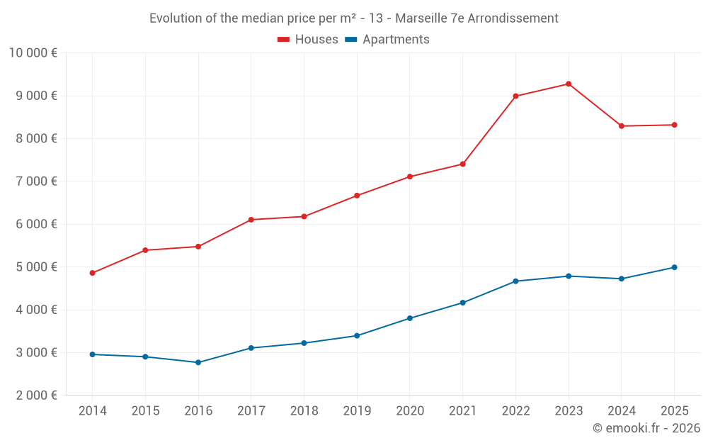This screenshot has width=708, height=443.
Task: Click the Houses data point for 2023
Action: point(569,84)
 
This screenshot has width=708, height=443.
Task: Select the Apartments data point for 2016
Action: point(198,362)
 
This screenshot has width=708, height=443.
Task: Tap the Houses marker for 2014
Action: point(93,273)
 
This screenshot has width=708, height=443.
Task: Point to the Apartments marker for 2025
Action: point(674,267)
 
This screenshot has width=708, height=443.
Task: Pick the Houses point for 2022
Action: point(515,96)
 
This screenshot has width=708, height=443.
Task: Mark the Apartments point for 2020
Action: point(410,318)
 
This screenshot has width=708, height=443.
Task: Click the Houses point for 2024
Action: point(622,126)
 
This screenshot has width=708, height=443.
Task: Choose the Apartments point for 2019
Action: point(357,336)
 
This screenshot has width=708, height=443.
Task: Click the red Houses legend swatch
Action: point(283,40)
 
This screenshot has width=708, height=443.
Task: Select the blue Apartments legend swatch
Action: point(350,40)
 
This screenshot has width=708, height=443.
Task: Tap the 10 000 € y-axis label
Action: point(33,52)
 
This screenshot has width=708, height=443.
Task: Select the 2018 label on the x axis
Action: point(304,411)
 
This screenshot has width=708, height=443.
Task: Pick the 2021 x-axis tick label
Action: point(462,411)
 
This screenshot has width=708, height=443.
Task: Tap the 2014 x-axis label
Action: point(93,411)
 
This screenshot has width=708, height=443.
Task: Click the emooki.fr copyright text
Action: point(646,428)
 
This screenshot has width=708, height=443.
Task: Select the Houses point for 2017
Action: point(251,220)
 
